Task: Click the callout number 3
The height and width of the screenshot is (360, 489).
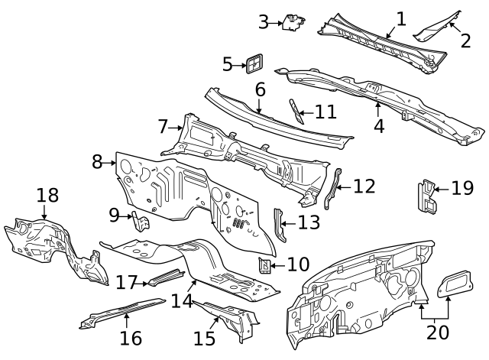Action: (264, 22)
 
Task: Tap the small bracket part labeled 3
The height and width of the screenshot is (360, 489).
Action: (293, 22)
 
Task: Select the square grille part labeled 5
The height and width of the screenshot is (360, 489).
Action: (254, 64)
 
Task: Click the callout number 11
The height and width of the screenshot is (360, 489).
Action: (326, 112)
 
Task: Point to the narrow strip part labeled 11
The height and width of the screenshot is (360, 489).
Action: (296, 112)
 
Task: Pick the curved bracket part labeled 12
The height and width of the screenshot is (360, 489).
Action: (332, 189)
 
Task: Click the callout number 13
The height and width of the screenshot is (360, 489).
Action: (309, 222)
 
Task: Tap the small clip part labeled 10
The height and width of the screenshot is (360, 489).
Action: (264, 265)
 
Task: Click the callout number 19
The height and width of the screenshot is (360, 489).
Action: (462, 189)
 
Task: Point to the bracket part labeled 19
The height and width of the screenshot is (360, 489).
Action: (426, 196)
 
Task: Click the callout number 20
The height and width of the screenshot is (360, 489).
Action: (438, 332)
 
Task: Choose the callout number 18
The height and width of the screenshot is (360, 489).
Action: (47, 196)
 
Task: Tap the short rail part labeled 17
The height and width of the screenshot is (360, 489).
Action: (166, 277)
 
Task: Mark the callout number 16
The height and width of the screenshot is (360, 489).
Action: (131, 339)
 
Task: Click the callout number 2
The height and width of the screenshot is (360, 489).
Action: (465, 41)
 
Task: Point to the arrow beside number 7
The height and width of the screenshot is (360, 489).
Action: (175, 128)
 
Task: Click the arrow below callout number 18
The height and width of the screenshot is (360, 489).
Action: (44, 212)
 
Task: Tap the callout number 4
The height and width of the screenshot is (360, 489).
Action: (379, 127)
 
